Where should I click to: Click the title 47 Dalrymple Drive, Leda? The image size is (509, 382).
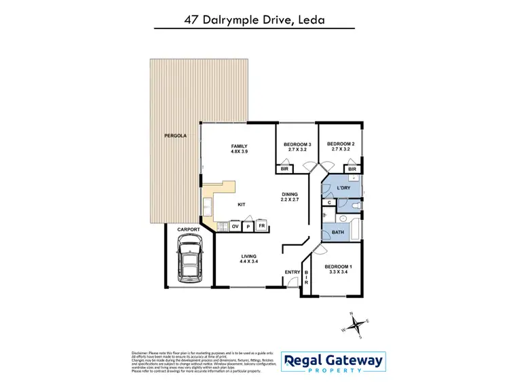point(254,20)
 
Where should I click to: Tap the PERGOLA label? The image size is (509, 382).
point(175,136)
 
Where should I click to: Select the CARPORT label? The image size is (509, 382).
point(189,230)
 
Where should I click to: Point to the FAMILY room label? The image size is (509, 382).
point(239,146)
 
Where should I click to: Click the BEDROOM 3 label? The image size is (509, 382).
point(297,144)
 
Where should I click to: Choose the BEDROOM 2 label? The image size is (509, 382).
point(341,144)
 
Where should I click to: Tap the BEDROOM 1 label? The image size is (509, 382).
point(338,267)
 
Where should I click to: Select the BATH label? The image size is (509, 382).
point(337,233)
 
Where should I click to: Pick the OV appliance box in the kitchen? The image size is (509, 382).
point(235,226)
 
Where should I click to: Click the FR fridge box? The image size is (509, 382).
point(261,226)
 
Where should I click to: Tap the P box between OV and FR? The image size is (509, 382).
point(248,226)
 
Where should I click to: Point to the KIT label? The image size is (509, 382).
point(241,204)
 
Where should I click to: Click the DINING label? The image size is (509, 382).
point(290,195)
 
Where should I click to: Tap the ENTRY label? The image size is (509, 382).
point(293,272)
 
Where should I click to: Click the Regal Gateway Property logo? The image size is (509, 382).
point(333,364)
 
